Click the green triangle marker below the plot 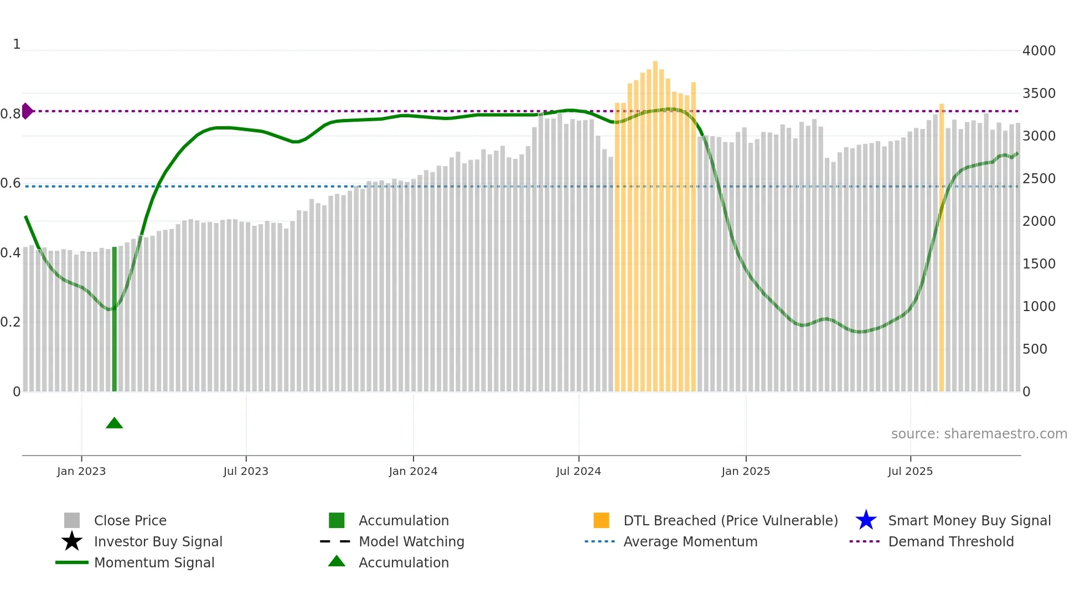(x=114, y=423)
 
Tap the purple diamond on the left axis (x=27, y=111)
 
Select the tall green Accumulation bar (x=115, y=321)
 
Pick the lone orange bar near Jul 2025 (x=941, y=249)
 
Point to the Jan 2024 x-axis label (x=413, y=471)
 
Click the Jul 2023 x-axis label (x=246, y=471)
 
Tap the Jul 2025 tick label (x=910, y=471)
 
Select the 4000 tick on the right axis (x=1038, y=51)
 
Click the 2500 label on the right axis (x=1038, y=179)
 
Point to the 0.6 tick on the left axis (x=11, y=183)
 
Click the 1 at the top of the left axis (x=17, y=44)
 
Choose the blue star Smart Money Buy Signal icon (x=866, y=520)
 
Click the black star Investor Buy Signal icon (x=72, y=541)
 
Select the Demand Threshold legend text (x=950, y=541)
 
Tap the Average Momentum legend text (x=690, y=541)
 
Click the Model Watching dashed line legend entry (x=335, y=541)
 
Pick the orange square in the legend (x=601, y=520)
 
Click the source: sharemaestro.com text (x=979, y=434)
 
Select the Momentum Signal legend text (x=154, y=562)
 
